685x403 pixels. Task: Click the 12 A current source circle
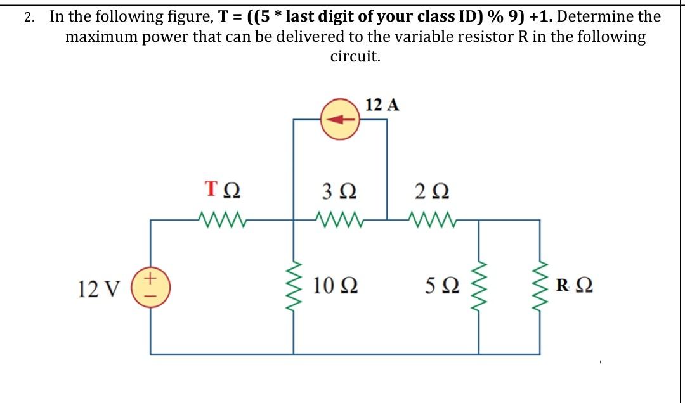pyautogui.click(x=340, y=118)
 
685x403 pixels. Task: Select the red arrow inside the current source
pyautogui.click(x=341, y=119)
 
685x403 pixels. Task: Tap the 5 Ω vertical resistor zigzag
pyautogui.click(x=478, y=288)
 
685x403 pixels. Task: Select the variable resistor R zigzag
pyautogui.click(x=540, y=288)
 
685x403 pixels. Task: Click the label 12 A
pyautogui.click(x=382, y=105)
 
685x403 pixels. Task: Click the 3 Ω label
pyautogui.click(x=342, y=189)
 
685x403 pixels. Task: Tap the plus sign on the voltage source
pyautogui.click(x=150, y=278)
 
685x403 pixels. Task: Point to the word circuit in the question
pyautogui.click(x=355, y=56)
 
